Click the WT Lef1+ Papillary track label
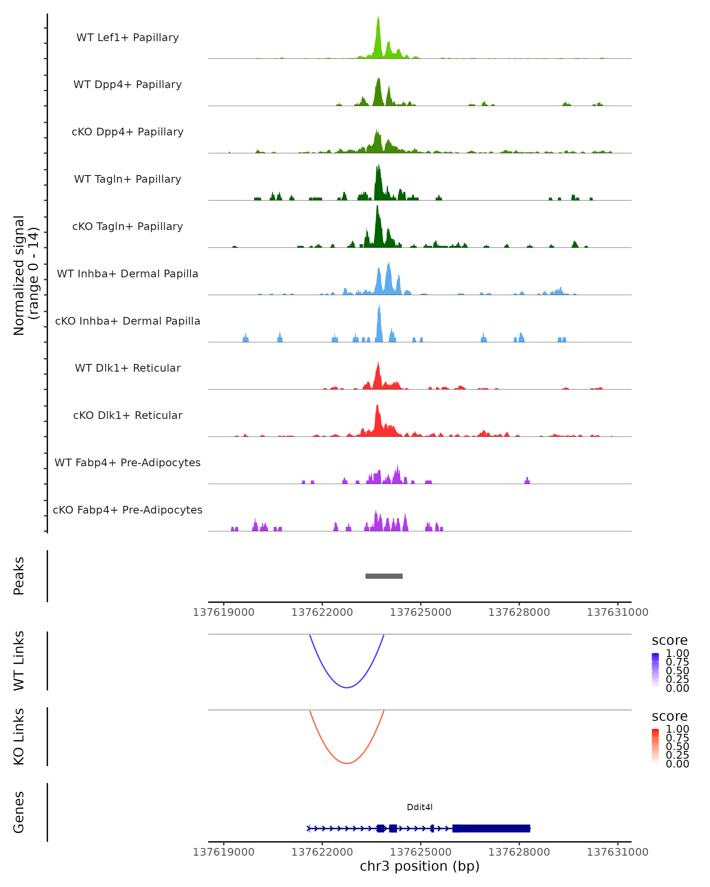128,38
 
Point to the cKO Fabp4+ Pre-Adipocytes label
128,510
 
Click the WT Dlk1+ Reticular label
128,368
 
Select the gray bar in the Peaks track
384,576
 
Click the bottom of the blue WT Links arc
347,687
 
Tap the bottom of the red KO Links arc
347,763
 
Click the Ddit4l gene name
419,807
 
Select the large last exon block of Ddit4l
491,828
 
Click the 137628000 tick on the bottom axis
519,852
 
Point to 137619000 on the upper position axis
223,612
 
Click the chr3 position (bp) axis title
419,866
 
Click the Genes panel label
19,812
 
